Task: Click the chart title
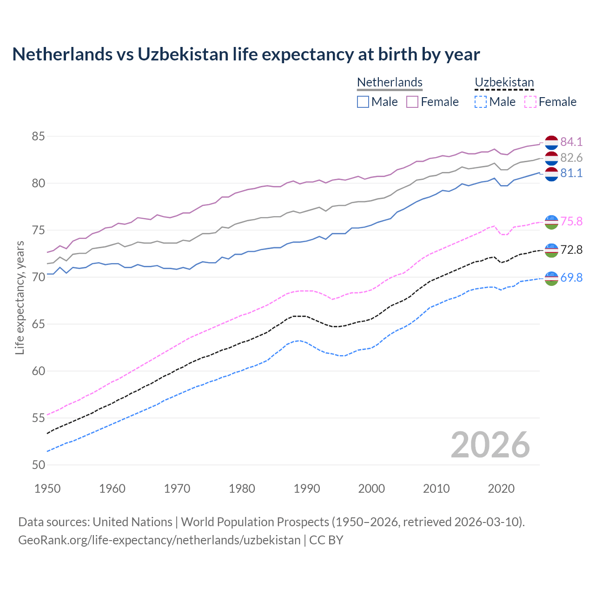click(x=246, y=54)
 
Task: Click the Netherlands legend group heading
click(x=390, y=82)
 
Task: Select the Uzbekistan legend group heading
click(x=504, y=82)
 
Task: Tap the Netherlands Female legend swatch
click(x=412, y=102)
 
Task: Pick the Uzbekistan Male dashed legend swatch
click(x=481, y=102)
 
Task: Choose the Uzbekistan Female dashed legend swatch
click(x=530, y=102)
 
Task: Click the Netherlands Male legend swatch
click(x=363, y=102)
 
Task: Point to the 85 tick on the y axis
click(x=39, y=137)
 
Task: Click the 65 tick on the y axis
click(x=39, y=324)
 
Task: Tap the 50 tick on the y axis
click(x=39, y=465)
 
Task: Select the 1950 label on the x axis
click(x=47, y=489)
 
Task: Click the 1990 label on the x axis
click(x=307, y=489)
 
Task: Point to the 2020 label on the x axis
click(x=501, y=489)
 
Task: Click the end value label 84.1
click(x=571, y=142)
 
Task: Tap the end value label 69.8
click(x=571, y=278)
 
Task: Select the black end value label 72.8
click(x=571, y=250)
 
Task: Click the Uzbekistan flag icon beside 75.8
click(x=551, y=222)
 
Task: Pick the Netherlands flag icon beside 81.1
click(x=551, y=174)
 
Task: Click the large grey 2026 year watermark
click(x=490, y=445)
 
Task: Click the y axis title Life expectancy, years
click(x=20, y=297)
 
